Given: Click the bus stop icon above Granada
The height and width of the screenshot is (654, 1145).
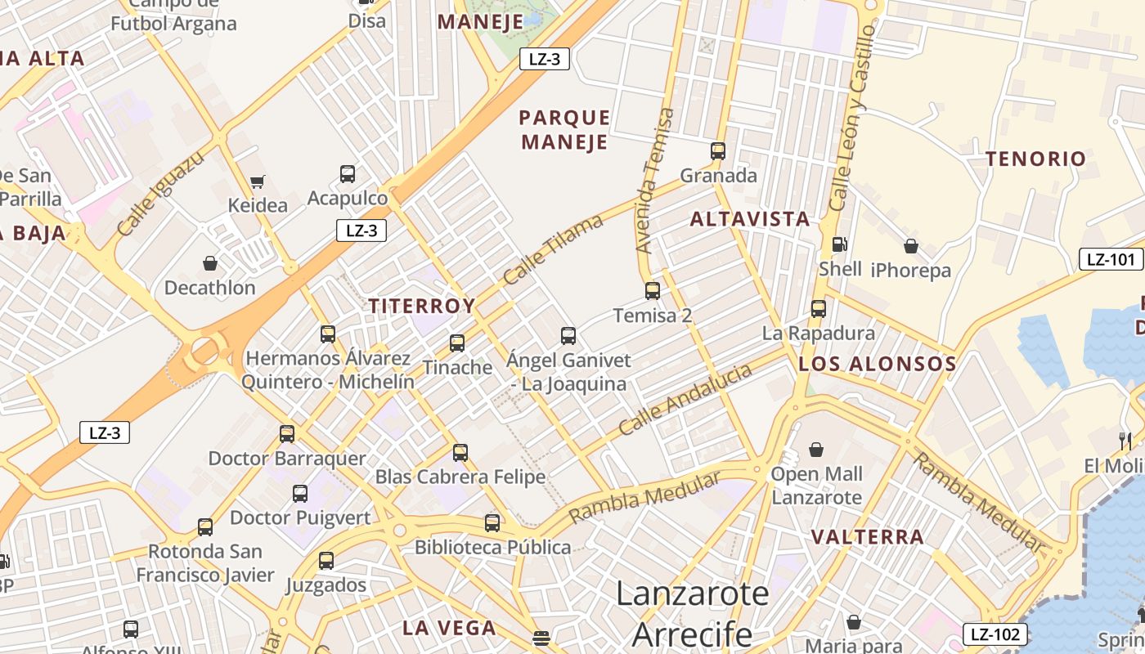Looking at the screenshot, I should pyautogui.click(x=717, y=151).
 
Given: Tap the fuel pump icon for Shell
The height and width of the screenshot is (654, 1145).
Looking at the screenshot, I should pyautogui.click(x=839, y=244).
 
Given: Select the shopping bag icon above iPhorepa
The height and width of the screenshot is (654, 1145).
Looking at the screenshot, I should pyautogui.click(x=910, y=246).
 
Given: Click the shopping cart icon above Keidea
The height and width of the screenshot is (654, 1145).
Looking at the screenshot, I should pyautogui.click(x=258, y=181).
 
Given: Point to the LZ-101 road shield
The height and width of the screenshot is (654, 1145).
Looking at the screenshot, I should pyautogui.click(x=1111, y=260).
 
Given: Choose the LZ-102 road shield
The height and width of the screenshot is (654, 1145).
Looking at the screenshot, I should pyautogui.click(x=995, y=634).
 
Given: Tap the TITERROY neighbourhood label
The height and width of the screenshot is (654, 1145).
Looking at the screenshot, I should pyautogui.click(x=421, y=307).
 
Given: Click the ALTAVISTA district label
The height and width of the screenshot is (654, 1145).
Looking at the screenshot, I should pyautogui.click(x=750, y=219).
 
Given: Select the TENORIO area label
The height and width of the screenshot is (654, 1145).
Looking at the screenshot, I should pyautogui.click(x=1035, y=159).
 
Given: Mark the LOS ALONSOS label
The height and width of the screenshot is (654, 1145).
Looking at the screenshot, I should pyautogui.click(x=877, y=365).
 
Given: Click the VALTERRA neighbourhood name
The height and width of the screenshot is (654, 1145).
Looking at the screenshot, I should pyautogui.click(x=868, y=537).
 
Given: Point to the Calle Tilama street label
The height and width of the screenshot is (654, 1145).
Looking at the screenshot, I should pyautogui.click(x=553, y=249).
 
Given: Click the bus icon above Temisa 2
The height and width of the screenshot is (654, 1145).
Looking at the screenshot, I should pyautogui.click(x=652, y=290).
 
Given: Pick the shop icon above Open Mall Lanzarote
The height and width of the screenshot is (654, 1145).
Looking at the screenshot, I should pyautogui.click(x=815, y=450).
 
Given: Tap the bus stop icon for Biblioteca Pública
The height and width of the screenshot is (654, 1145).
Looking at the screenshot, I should pyautogui.click(x=492, y=523).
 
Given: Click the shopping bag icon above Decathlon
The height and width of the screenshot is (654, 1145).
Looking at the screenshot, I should pyautogui.click(x=210, y=263).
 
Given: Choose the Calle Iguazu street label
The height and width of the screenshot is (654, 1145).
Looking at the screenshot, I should pyautogui.click(x=160, y=195).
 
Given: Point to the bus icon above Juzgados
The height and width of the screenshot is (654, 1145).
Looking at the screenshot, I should pyautogui.click(x=326, y=561).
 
